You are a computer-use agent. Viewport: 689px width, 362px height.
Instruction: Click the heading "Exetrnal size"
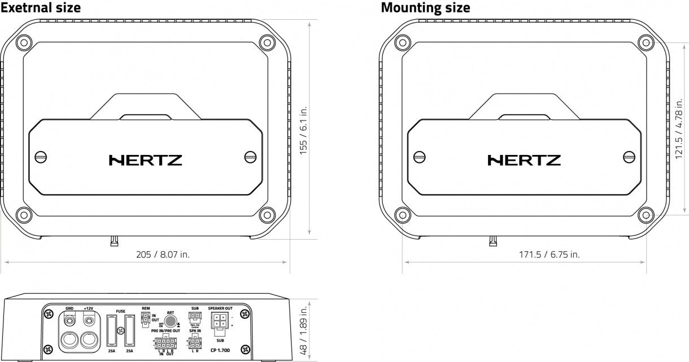click(40, 7)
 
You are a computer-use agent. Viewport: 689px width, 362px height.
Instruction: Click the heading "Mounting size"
click(425, 7)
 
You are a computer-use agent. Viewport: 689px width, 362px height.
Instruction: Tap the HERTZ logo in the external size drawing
click(145, 160)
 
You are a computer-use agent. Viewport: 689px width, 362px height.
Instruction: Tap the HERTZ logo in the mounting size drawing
click(524, 160)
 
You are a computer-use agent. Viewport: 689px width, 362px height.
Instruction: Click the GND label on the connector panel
click(69, 309)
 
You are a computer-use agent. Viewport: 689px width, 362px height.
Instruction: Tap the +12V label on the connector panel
click(88, 309)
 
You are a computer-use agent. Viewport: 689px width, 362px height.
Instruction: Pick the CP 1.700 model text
click(219, 351)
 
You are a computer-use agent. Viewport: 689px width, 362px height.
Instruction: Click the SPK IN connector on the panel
click(195, 342)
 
